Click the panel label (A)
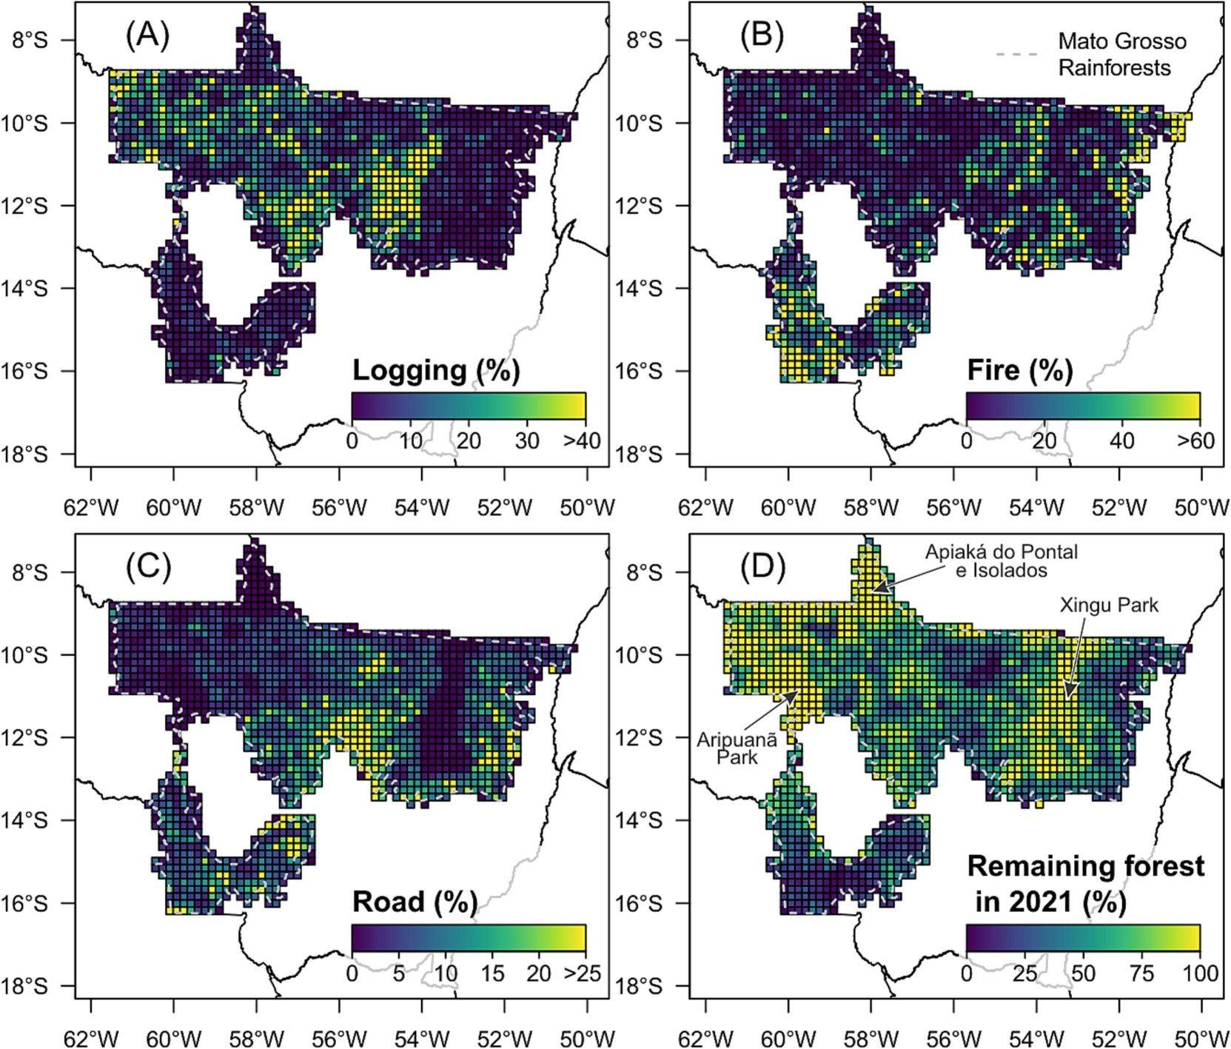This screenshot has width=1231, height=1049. point(148,36)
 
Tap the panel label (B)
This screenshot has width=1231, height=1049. point(762,36)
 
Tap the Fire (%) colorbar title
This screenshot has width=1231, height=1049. point(1020,370)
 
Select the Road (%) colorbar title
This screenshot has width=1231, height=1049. point(415,902)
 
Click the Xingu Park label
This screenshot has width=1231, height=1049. point(1108,605)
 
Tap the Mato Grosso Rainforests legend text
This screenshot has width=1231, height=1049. point(1121,54)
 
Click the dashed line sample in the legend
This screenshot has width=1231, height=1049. point(1016,54)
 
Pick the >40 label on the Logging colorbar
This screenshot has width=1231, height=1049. point(582,441)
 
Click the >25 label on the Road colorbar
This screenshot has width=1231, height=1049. point(582,973)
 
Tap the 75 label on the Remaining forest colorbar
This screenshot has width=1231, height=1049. point(1144,973)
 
